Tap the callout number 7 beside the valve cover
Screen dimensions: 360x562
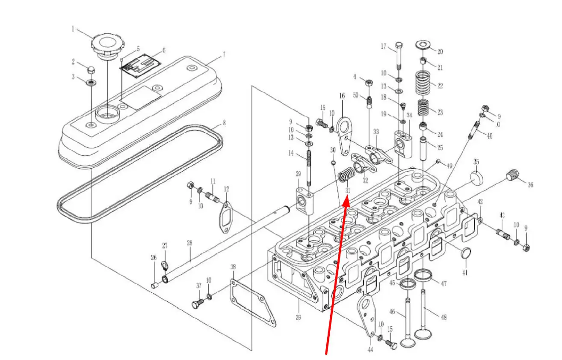click(224, 55)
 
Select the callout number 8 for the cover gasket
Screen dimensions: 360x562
click(224, 123)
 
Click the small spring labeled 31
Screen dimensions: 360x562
click(347, 176)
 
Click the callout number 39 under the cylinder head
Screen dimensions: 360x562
click(298, 317)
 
